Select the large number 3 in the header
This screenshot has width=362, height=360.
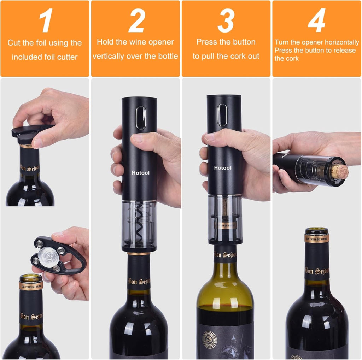tap(226, 21)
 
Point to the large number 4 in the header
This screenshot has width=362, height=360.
tap(316, 21)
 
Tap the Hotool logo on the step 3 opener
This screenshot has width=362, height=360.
tap(223, 168)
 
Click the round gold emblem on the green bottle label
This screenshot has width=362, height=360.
tap(209, 340)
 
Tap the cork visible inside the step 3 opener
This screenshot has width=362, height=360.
tap(224, 214)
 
